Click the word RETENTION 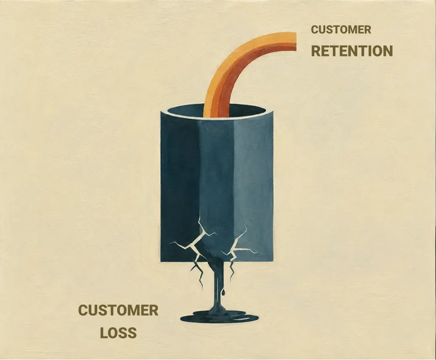[x=352, y=51]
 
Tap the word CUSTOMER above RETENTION [x=341, y=29]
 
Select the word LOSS [x=118, y=333]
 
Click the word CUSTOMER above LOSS [x=118, y=310]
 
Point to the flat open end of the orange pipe [x=295, y=42]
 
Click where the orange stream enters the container [x=217, y=114]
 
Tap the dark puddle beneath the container [x=219, y=317]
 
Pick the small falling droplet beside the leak [x=223, y=292]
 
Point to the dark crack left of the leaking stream [x=198, y=274]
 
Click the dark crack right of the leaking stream [x=231, y=270]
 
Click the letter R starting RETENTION [x=316, y=51]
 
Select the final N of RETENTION [x=388, y=51]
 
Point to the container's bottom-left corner [x=161, y=261]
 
